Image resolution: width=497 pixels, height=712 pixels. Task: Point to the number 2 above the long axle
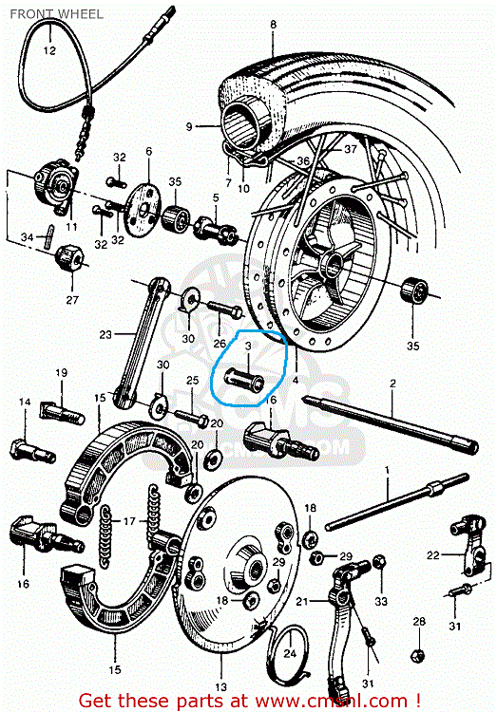click(391, 383)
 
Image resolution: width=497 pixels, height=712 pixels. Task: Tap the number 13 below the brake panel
click(221, 685)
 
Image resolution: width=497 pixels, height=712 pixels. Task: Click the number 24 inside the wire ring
click(290, 653)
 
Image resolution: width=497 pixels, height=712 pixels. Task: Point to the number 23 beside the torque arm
click(105, 333)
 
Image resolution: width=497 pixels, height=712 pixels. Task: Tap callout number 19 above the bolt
click(61, 372)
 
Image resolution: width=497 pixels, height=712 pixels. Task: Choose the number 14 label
click(26, 403)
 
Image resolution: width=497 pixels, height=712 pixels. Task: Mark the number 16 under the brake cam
click(24, 584)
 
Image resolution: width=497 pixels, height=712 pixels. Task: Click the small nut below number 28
click(417, 654)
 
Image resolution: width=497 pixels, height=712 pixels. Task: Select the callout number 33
click(381, 601)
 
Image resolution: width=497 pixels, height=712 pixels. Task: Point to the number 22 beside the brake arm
click(433, 555)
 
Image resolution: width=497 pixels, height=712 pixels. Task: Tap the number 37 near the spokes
click(350, 149)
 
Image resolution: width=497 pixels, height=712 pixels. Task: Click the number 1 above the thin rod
click(387, 471)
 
